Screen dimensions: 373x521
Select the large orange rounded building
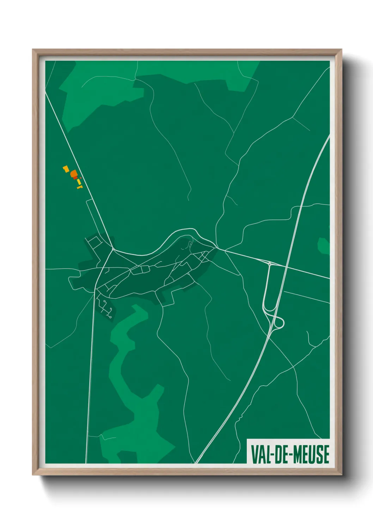click(x=74, y=174)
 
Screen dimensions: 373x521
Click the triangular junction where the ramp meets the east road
click(x=269, y=263)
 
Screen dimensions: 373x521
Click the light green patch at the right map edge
click(x=324, y=246)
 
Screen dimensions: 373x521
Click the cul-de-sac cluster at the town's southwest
click(x=105, y=308)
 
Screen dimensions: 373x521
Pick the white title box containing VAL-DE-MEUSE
click(x=288, y=451)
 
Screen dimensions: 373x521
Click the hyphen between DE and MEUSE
click(x=290, y=454)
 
